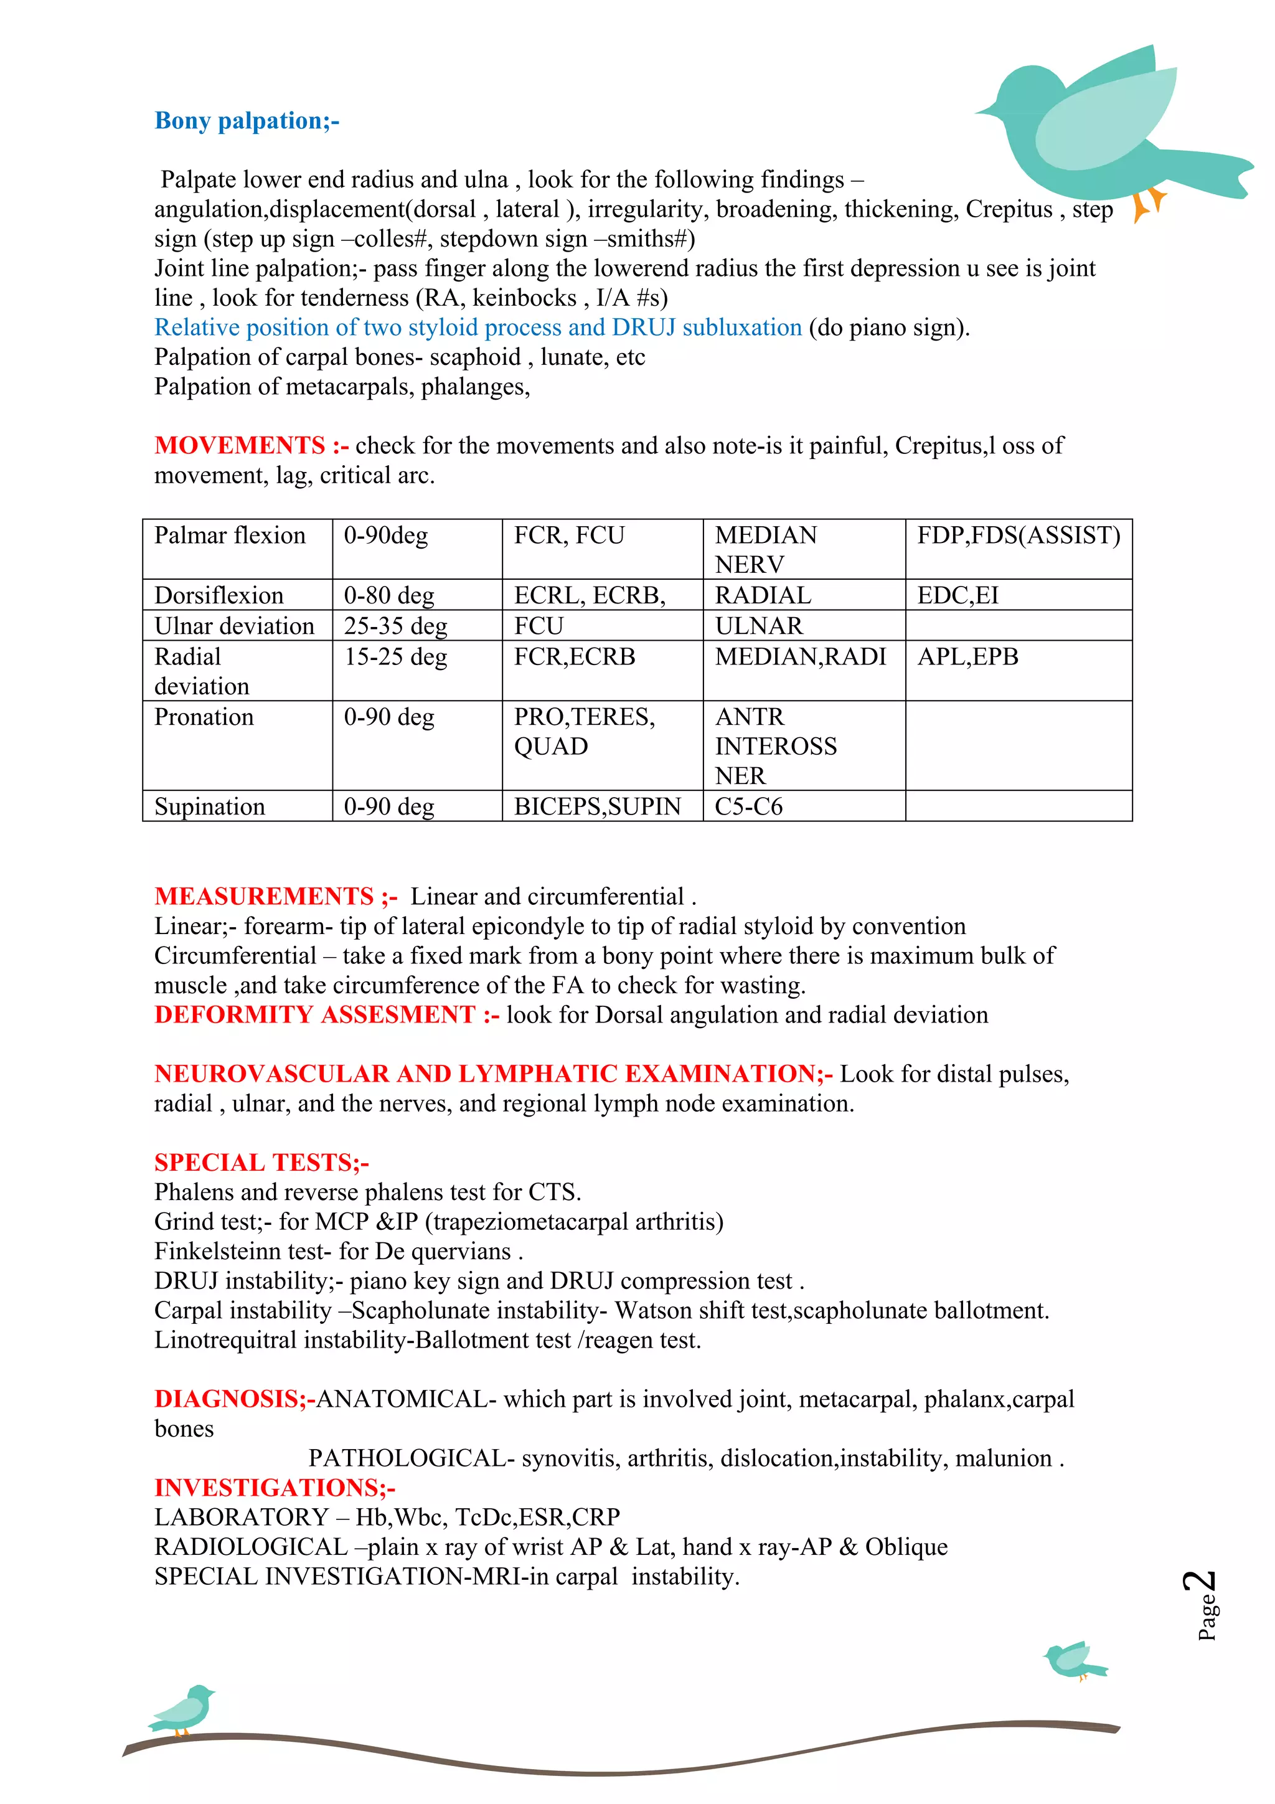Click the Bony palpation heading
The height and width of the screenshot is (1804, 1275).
click(x=247, y=121)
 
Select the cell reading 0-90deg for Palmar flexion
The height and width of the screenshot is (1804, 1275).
click(x=386, y=536)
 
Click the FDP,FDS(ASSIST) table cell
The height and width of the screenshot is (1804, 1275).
click(x=1018, y=536)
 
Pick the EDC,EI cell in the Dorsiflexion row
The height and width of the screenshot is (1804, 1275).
click(x=957, y=595)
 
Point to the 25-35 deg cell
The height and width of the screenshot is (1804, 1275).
click(x=395, y=626)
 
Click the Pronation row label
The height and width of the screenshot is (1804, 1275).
click(x=204, y=717)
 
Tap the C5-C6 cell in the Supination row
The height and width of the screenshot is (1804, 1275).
click(x=749, y=807)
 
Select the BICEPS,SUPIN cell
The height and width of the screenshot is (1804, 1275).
click(x=597, y=807)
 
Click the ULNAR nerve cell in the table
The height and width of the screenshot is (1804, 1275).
click(x=759, y=626)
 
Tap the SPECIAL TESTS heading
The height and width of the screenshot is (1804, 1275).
click(x=261, y=1163)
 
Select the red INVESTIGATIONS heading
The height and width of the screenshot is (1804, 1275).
click(x=274, y=1488)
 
